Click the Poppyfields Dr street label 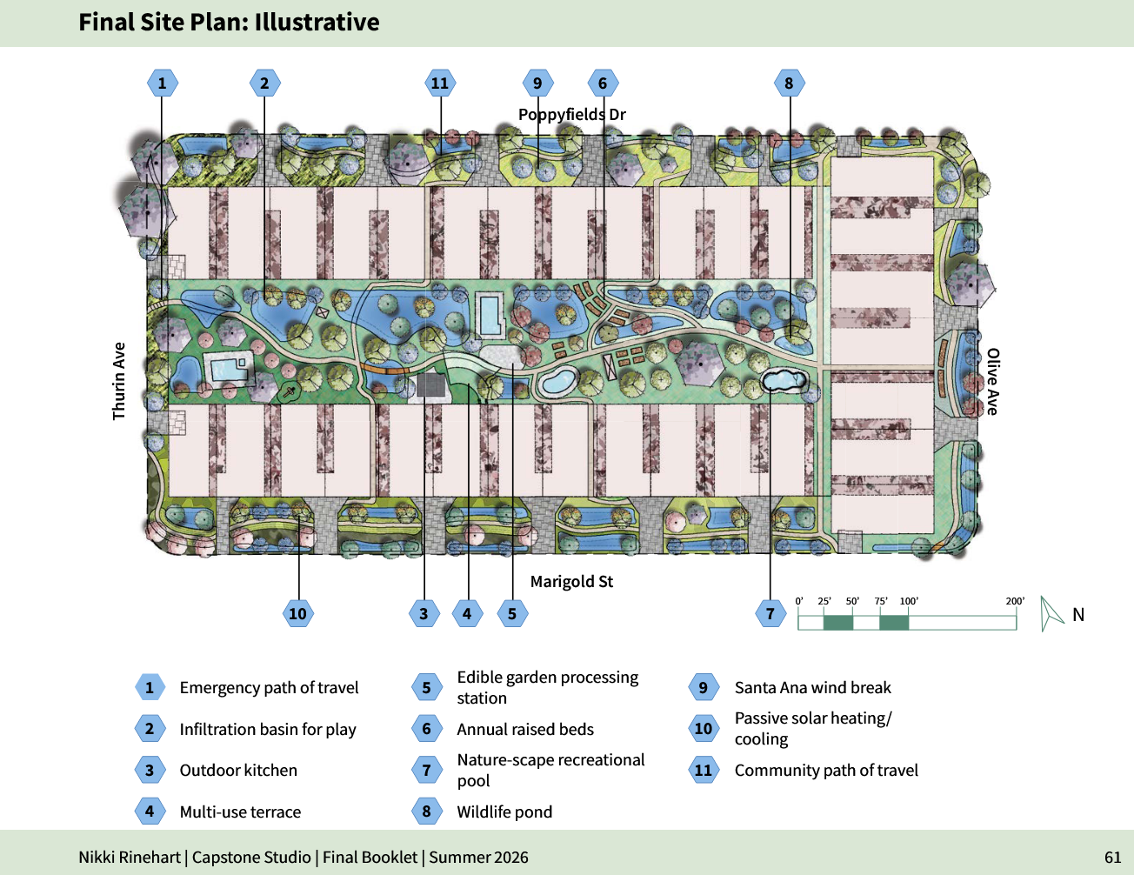coord(571,114)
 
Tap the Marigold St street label coord(571,581)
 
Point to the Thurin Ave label coord(119,381)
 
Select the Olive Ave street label coord(992,382)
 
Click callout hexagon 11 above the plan coord(440,83)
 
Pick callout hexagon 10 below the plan coord(298,613)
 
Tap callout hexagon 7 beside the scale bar coord(770,613)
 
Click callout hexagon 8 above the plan coord(789,83)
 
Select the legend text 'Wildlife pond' coord(504,812)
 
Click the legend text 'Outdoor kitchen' coord(238,770)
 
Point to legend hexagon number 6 coord(427,728)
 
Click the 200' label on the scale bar coord(1015,601)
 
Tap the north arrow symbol coord(1050,613)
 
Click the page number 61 coord(1112,858)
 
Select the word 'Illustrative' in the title coord(317,22)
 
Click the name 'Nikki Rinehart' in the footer coord(130,858)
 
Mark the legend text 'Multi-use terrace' coord(240,812)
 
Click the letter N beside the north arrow coord(1078,615)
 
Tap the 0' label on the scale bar coord(799,601)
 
